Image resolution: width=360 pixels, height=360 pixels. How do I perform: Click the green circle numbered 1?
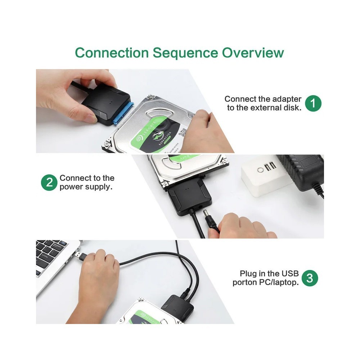click(313, 103)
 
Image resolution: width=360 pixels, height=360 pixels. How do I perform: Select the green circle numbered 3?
click(310, 278)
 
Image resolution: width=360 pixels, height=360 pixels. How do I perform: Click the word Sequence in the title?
click(185, 53)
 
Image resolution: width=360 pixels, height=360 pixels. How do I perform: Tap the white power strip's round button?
click(260, 169)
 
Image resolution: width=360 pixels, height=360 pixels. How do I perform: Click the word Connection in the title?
click(112, 53)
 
